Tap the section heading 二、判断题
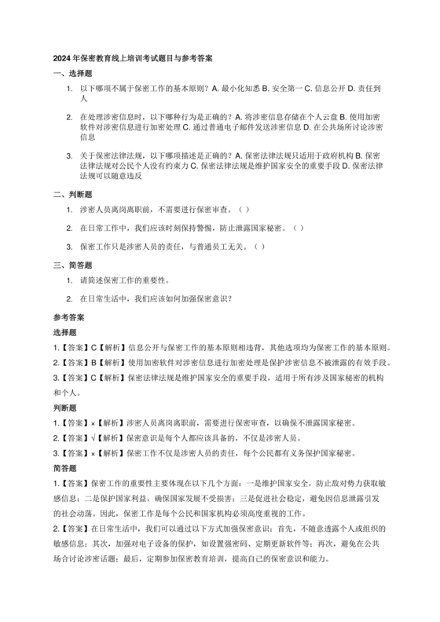pyautogui.click(x=72, y=194)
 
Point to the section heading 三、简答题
pyautogui.click(x=72, y=265)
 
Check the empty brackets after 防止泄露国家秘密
pyautogui.click(x=298, y=228)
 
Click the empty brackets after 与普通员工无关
pyautogui.click(x=258, y=247)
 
